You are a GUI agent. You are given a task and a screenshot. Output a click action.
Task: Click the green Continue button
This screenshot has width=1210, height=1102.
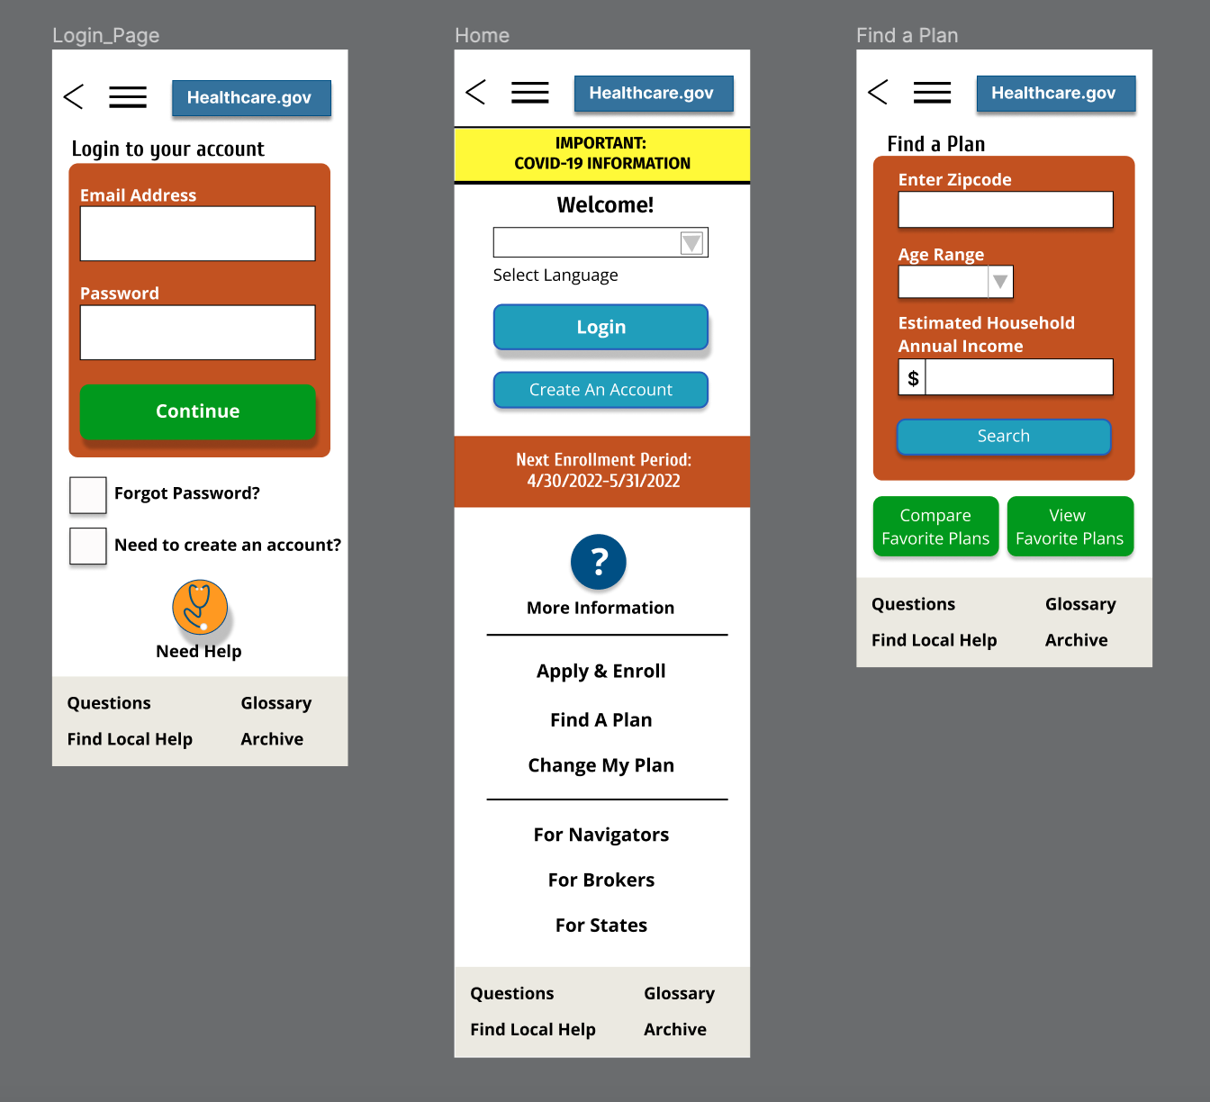coord(198,411)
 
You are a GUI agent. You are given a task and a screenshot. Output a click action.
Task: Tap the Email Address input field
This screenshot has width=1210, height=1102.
coord(198,234)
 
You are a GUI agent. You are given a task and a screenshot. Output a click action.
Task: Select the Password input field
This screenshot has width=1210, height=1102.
coord(198,332)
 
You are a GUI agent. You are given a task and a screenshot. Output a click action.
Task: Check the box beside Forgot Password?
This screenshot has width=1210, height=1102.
coord(88,494)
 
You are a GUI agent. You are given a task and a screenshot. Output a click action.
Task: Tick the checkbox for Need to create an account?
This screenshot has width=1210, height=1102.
coord(88,546)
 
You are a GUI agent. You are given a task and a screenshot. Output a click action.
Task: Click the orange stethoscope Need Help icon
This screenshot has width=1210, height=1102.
coord(200,607)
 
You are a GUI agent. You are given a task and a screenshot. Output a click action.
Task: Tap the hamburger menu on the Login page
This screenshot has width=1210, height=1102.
coord(128,97)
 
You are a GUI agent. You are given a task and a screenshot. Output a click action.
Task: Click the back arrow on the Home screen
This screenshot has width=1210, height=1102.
coord(475,92)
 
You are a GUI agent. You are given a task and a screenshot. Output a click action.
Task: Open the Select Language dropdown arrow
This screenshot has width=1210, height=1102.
coord(691,243)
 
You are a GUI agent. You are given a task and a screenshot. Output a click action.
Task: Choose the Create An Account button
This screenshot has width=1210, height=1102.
coord(600,390)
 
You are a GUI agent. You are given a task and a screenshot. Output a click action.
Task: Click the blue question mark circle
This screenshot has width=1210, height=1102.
coord(599,562)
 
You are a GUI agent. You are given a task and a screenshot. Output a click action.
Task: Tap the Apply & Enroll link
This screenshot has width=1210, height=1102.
coord(600,672)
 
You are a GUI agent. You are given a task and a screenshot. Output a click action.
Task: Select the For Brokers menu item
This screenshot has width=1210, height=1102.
coord(600,881)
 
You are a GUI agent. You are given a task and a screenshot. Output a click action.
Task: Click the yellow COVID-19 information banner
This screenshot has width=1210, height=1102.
coord(601,154)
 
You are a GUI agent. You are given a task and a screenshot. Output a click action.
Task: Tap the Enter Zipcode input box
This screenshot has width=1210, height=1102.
coord(1005,210)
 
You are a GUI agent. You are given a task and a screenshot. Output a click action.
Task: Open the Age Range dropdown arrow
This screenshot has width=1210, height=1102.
coord(1000,282)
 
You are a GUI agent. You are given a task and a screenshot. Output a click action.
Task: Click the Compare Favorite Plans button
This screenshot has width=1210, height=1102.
coord(935,527)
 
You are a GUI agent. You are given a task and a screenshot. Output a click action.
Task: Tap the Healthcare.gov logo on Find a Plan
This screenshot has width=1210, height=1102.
coord(1055,94)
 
